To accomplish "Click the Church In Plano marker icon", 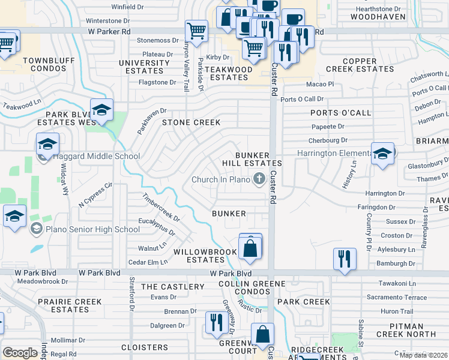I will (x=259, y=179).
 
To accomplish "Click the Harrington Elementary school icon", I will (x=382, y=154).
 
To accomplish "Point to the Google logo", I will (x=20, y=353).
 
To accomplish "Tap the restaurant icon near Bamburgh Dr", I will (x=345, y=259).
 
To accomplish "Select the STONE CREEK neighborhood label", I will (x=191, y=122).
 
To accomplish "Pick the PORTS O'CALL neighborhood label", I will (x=340, y=113).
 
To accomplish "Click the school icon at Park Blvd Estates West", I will (x=102, y=110).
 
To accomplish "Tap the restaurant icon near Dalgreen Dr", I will (x=214, y=322).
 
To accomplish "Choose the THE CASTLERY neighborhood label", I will (x=173, y=287).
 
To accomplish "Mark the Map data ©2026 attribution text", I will (x=423, y=355).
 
